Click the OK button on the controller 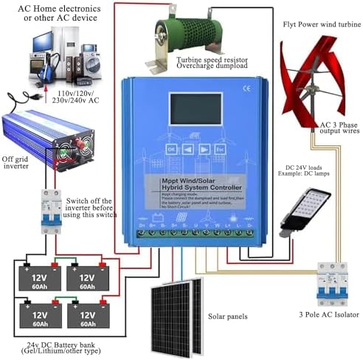pyautogui.click(x=171, y=148)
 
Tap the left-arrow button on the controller pyautogui.click(x=188, y=148)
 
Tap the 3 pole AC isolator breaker pyautogui.click(x=331, y=282)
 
